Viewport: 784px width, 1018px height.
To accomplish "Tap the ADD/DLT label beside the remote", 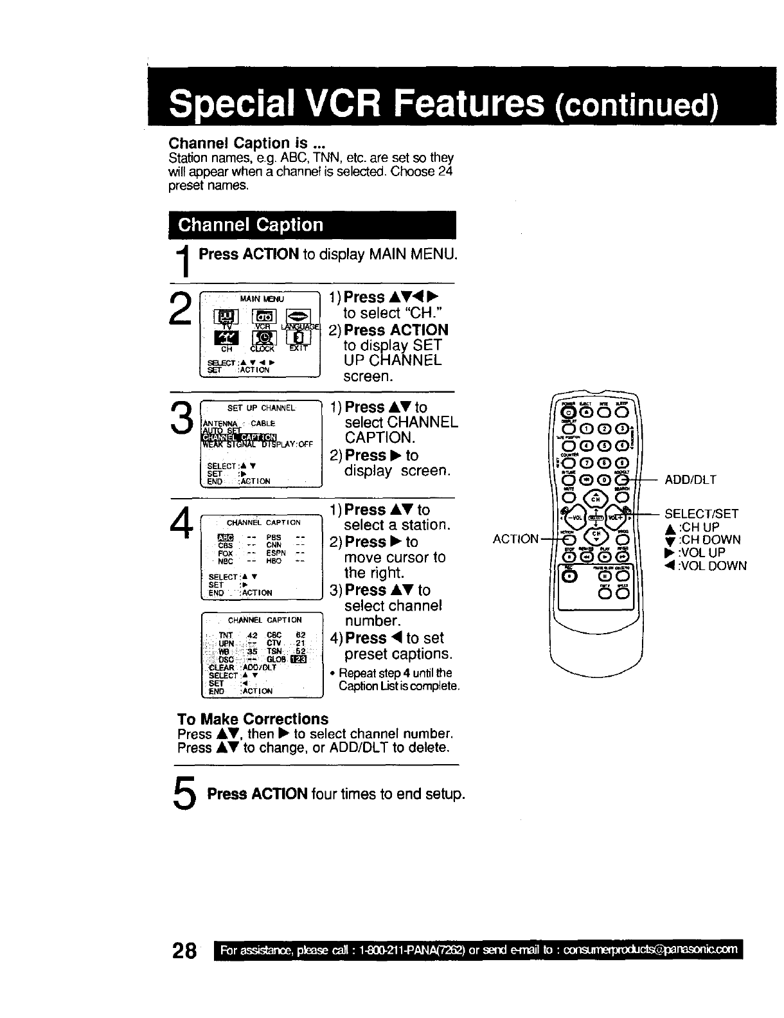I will pyautogui.click(x=690, y=479).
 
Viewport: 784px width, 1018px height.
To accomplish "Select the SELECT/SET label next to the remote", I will pyautogui.click(x=701, y=513).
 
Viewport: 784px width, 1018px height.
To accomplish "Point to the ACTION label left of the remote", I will pyautogui.click(x=515, y=539).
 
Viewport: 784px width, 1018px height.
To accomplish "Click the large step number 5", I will pyautogui.click(x=186, y=794).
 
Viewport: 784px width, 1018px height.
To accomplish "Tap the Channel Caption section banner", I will pyautogui.click(x=312, y=225).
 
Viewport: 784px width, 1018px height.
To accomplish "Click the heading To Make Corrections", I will pyautogui.click(x=253, y=719).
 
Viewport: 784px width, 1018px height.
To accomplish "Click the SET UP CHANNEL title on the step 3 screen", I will pyautogui.click(x=261, y=408).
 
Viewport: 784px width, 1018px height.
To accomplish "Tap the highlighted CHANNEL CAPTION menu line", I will pyautogui.click(x=239, y=435).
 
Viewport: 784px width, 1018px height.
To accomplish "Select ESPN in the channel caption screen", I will pyautogui.click(x=274, y=552).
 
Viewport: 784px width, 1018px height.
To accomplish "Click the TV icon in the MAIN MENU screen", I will pyautogui.click(x=226, y=317).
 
